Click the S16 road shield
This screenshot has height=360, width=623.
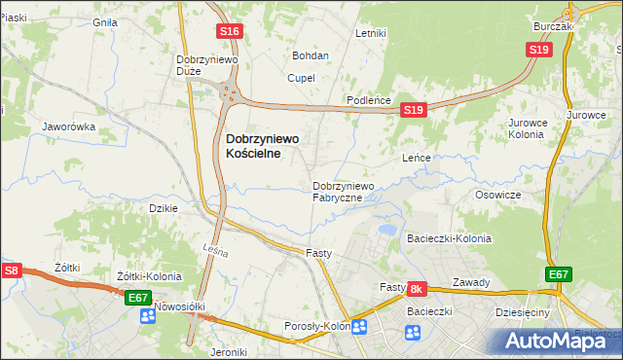229,32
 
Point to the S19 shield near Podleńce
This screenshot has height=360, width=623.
414,111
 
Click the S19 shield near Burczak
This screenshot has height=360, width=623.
539,50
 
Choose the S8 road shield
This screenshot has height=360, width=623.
11,271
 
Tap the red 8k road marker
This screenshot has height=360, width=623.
417,289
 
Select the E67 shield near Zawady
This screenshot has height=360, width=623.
558,275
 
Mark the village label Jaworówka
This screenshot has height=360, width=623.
67,126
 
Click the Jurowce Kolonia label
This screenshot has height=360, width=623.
531,128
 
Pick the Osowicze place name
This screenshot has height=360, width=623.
497,195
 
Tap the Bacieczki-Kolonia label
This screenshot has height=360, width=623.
449,238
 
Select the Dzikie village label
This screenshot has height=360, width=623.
162,208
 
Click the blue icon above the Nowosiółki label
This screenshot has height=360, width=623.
148,315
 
